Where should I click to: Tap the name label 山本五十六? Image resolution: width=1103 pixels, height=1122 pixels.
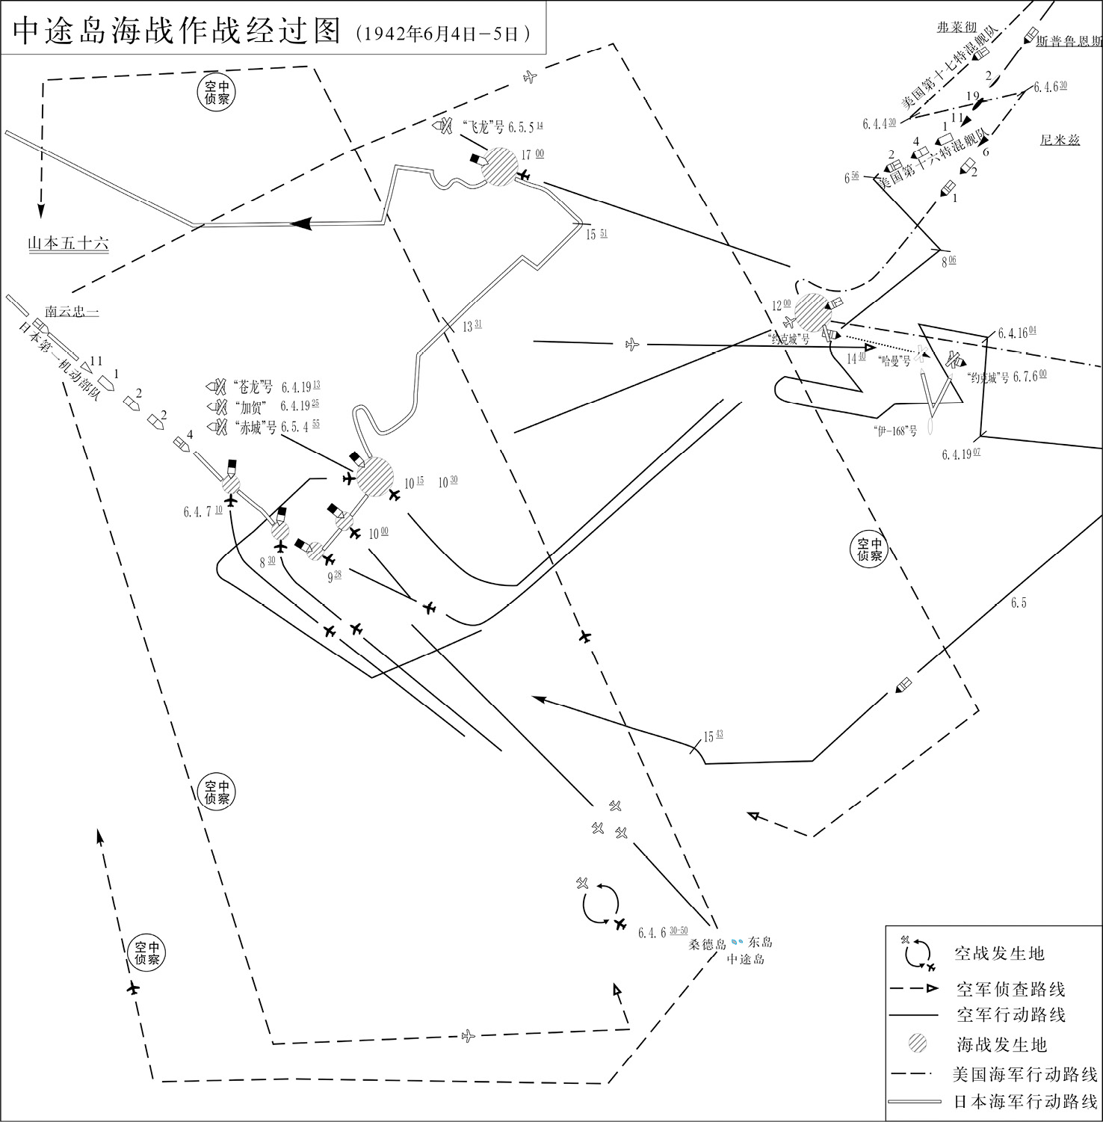coord(68,244)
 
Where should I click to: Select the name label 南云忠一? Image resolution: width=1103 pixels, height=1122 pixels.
coord(72,311)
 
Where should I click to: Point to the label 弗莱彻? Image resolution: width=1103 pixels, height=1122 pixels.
coord(957,27)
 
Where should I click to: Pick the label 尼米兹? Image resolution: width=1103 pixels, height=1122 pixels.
coord(1060,140)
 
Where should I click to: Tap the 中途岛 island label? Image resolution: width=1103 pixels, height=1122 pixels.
coord(746,959)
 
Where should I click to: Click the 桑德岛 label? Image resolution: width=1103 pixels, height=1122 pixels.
coord(708,944)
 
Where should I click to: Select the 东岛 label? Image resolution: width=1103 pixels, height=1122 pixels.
coord(760,943)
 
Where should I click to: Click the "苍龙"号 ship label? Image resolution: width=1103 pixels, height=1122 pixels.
coord(255,387)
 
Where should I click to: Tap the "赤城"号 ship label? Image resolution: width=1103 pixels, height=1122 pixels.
coord(255,427)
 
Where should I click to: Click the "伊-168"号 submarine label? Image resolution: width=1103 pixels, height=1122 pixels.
coord(894,431)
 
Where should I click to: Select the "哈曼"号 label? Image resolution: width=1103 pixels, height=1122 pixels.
coord(895,360)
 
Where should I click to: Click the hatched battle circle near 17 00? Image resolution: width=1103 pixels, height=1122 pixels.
coord(498,166)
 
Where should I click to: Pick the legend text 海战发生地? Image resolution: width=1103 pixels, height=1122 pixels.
coord(1001,1044)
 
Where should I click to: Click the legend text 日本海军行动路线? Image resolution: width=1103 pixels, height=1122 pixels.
coord(1025,1101)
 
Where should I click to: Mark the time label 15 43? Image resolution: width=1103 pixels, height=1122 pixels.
coord(713,736)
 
